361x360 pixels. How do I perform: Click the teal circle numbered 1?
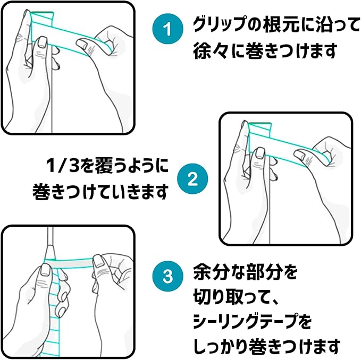pos(168,29)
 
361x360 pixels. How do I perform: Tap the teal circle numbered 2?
pos(192,178)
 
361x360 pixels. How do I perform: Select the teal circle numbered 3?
pos(168,276)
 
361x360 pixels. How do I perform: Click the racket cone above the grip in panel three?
pos(50,252)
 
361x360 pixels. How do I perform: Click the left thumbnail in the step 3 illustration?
pos(46,271)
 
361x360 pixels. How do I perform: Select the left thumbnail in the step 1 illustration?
pos(42,42)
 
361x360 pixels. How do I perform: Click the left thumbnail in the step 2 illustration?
pos(260,153)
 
